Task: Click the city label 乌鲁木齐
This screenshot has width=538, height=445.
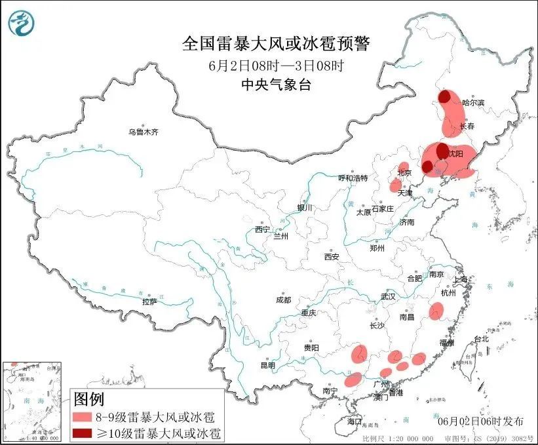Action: click(x=144, y=132)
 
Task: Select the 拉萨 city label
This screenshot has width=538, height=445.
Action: click(x=149, y=301)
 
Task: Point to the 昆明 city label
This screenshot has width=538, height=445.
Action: click(x=268, y=364)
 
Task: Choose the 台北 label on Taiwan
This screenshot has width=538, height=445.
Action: click(x=481, y=339)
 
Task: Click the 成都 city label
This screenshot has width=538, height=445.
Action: click(x=283, y=300)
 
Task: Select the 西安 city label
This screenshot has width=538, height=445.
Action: click(x=331, y=257)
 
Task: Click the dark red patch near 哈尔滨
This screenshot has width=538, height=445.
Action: click(x=445, y=97)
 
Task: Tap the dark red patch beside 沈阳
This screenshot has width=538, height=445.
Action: click(x=442, y=150)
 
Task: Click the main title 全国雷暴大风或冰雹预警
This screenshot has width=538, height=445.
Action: click(x=276, y=44)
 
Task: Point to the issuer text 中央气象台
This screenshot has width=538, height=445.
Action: click(x=276, y=83)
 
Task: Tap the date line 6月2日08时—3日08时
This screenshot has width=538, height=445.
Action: click(x=276, y=65)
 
